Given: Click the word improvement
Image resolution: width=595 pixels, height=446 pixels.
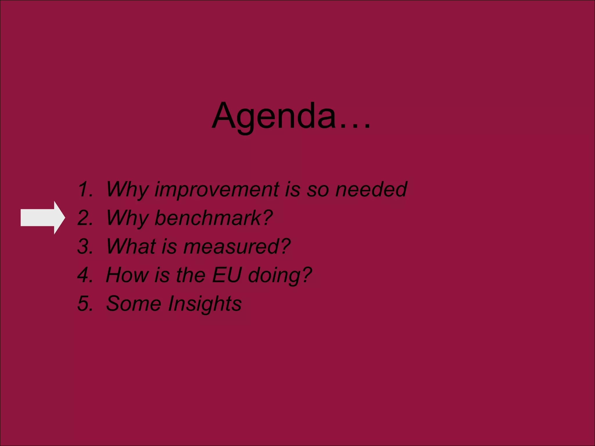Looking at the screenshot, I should [x=217, y=189].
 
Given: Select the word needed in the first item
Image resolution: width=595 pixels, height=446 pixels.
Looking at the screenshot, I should [x=371, y=189].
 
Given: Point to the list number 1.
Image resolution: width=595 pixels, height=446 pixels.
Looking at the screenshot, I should [x=85, y=189].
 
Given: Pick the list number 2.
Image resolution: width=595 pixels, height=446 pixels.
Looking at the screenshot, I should [x=85, y=218].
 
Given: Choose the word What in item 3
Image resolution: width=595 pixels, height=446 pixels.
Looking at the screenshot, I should [x=131, y=246].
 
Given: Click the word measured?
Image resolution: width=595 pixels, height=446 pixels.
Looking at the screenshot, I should [x=237, y=246].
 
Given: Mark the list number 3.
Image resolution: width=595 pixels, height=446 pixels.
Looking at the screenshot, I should [x=85, y=246].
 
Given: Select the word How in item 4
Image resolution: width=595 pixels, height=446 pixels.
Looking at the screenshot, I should [x=127, y=275].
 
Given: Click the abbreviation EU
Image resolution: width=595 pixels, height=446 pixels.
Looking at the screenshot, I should [x=227, y=275].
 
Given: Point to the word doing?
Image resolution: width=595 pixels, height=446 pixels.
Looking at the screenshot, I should [x=280, y=275].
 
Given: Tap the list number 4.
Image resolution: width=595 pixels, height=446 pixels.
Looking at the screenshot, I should [x=85, y=275].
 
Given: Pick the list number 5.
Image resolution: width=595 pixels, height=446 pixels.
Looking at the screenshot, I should [x=85, y=303].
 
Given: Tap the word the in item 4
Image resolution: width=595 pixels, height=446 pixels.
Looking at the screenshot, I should [x=191, y=275].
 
